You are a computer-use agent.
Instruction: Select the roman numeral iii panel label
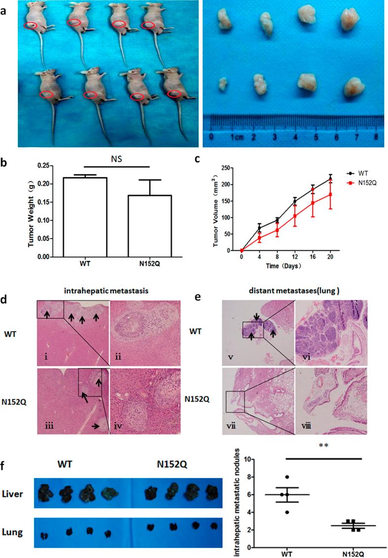click(45, 426)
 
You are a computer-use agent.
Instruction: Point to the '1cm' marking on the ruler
click(238, 136)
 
